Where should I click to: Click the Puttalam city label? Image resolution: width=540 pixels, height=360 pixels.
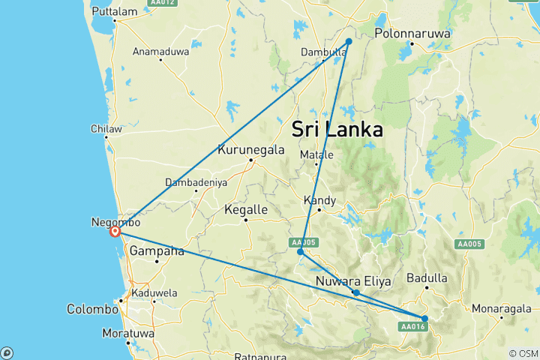click(x=113, y=11)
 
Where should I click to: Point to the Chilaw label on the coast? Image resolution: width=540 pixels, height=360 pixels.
click(x=106, y=129)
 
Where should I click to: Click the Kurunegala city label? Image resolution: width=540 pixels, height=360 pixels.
click(x=250, y=149)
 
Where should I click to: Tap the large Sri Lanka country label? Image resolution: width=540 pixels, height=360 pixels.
click(x=337, y=128)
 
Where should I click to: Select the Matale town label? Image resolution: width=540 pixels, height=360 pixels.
click(x=316, y=155)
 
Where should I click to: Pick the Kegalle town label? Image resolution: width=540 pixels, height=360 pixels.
click(x=246, y=211)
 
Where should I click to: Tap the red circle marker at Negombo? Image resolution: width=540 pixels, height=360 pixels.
click(x=115, y=232)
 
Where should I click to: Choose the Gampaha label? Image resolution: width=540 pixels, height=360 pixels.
click(x=157, y=251)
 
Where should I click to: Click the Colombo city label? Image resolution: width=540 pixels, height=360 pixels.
click(x=92, y=308)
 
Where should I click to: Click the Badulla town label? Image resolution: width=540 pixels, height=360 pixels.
click(x=427, y=278)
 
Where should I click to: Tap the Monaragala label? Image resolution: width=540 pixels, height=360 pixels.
click(x=500, y=308)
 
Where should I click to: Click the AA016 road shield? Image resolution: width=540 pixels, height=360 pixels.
click(x=412, y=326)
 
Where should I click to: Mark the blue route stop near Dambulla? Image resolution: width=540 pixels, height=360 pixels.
click(x=349, y=42)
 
